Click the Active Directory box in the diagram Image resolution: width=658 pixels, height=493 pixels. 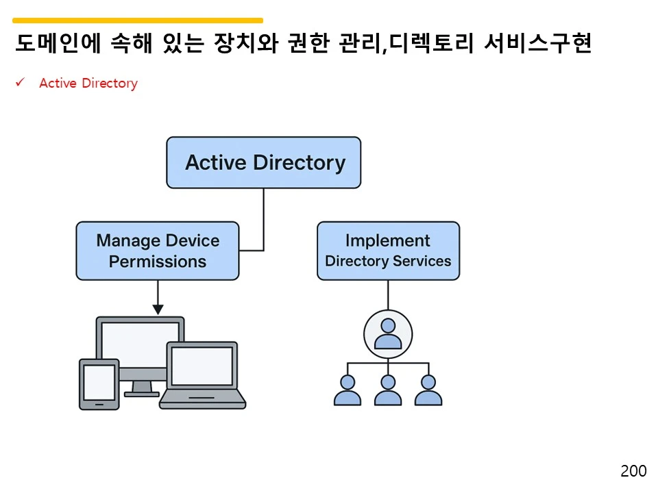pos(263,163)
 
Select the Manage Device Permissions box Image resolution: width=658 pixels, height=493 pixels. pos(158,251)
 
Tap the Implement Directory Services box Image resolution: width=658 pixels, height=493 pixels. pos(388,251)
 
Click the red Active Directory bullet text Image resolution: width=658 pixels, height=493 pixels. pos(88,84)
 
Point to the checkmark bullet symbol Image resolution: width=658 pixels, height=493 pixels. pos(21,83)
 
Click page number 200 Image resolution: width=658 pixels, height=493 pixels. pos(633,471)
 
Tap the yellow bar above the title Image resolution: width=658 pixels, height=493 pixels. pos(137,21)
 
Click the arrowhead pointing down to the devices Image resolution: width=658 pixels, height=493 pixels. pos(158,309)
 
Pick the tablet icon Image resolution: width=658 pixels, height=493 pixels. pos(99,383)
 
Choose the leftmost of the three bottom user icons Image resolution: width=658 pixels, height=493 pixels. pos(348,390)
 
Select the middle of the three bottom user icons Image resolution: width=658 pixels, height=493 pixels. pos(388,390)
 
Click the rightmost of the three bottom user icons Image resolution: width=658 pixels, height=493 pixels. pos(428,390)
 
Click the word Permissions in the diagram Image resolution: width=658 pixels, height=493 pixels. pos(158,262)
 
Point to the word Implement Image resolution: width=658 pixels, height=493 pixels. pos(388,240)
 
